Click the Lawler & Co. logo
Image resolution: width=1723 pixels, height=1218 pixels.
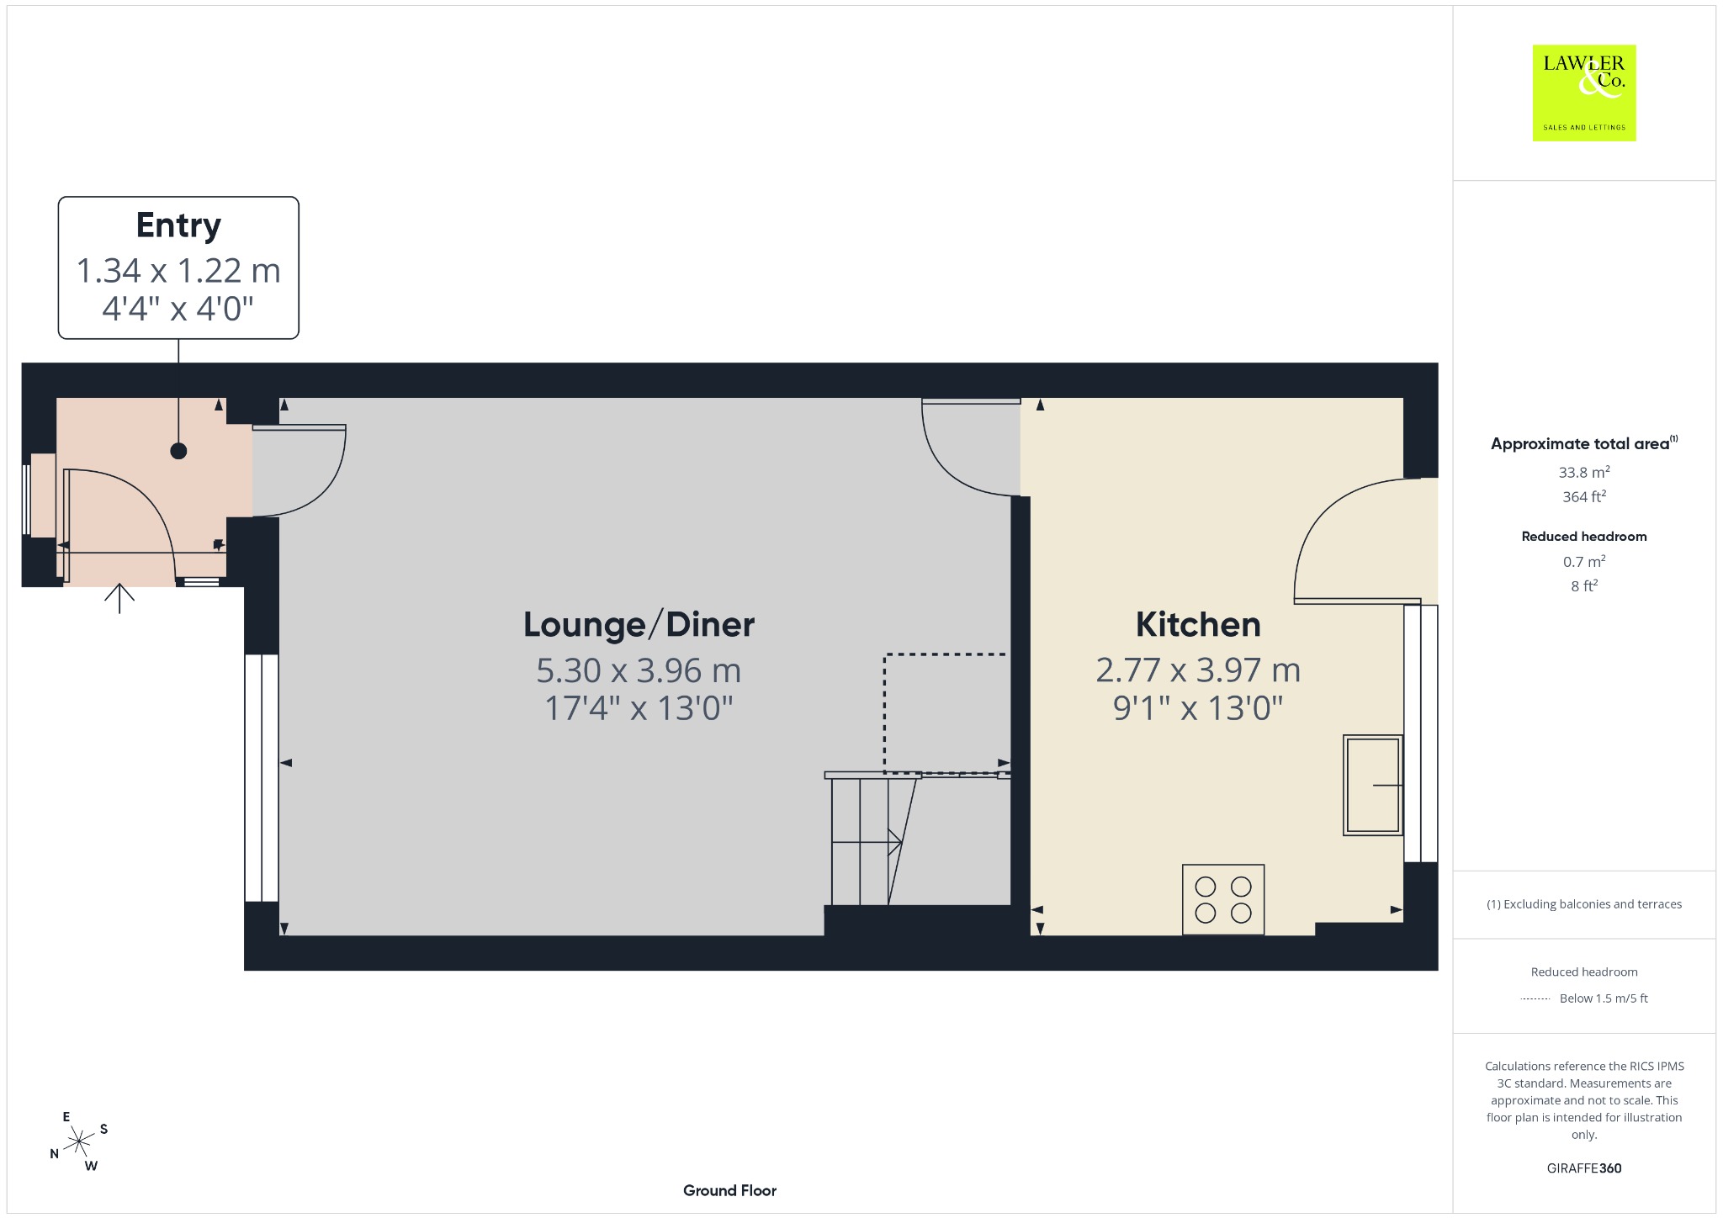pyautogui.click(x=1584, y=93)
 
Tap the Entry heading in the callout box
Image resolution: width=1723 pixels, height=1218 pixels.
pyautogui.click(x=178, y=225)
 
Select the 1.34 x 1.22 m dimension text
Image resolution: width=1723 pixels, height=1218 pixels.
pyautogui.click(x=178, y=271)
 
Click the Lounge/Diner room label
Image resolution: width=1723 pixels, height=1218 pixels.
pyautogui.click(x=639, y=625)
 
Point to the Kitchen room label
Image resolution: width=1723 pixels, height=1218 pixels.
pyautogui.click(x=1198, y=625)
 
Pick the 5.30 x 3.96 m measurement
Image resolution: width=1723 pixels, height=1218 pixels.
pyautogui.click(x=639, y=670)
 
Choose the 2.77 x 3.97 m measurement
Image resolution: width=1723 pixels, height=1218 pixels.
pyautogui.click(x=1198, y=670)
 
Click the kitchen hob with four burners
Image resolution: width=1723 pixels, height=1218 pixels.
pyautogui.click(x=1223, y=899)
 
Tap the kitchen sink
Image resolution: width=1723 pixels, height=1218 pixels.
pyautogui.click(x=1373, y=785)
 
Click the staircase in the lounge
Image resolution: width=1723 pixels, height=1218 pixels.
pyautogui.click(x=872, y=839)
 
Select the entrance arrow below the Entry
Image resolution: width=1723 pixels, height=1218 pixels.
pyautogui.click(x=119, y=598)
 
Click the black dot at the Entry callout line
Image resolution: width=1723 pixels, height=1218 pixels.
pyautogui.click(x=178, y=451)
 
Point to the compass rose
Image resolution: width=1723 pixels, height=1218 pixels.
pyautogui.click(x=79, y=1141)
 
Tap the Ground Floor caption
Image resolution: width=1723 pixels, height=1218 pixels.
pyautogui.click(x=729, y=1190)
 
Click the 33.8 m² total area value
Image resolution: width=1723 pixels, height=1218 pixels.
pyautogui.click(x=1584, y=471)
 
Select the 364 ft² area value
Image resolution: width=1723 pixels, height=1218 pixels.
pyautogui.click(x=1584, y=496)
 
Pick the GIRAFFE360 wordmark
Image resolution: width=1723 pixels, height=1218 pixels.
pyautogui.click(x=1584, y=1168)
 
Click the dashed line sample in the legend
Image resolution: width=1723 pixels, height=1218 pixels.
pyautogui.click(x=1535, y=999)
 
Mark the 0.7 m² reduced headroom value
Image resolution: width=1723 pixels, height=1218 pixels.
pyautogui.click(x=1584, y=561)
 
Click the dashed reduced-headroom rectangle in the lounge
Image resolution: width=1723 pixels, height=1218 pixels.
pyautogui.click(x=885, y=713)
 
